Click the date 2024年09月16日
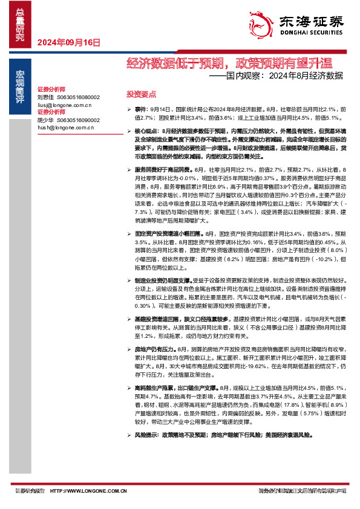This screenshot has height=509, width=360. coord(68,42)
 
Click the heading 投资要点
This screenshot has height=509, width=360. coord(141,94)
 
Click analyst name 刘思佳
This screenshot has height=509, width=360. coord(45,97)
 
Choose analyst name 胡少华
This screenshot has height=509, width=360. coord(45,120)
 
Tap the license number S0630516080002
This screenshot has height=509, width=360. coord(79,97)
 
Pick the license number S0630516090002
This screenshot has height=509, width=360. coord(79,120)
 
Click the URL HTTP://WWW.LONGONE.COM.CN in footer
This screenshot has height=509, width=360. coord(88,490)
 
